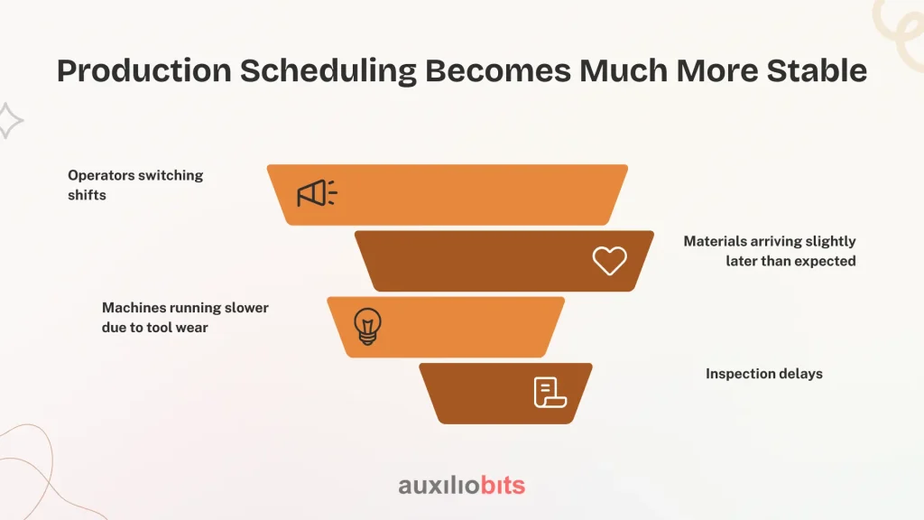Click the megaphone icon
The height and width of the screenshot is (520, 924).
[x=317, y=193]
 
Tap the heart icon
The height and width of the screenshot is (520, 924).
[x=609, y=261]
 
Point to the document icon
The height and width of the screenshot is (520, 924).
[x=550, y=393]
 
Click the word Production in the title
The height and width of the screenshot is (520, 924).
[x=144, y=70]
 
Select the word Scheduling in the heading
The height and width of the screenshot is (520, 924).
[x=328, y=71]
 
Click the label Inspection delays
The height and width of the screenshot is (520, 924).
[x=763, y=374]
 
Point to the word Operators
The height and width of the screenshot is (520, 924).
[x=101, y=176]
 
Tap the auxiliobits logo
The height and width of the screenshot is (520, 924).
[x=461, y=486]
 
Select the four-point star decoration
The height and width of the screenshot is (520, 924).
[x=8, y=121]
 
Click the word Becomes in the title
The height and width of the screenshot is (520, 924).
[x=498, y=70]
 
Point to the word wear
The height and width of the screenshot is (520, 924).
[x=191, y=328]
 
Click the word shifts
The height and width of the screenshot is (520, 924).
[x=87, y=195]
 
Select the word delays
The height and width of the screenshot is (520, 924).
[x=800, y=374]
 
